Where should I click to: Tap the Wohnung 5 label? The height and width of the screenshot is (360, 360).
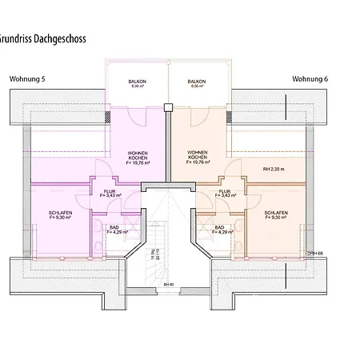click(27, 79)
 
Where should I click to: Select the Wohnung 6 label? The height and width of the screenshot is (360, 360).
click(309, 79)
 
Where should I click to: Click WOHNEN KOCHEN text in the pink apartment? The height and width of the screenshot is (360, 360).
click(138, 155)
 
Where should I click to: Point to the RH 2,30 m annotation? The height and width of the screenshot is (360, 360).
click(274, 170)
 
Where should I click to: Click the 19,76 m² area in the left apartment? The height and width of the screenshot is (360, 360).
click(140, 162)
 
